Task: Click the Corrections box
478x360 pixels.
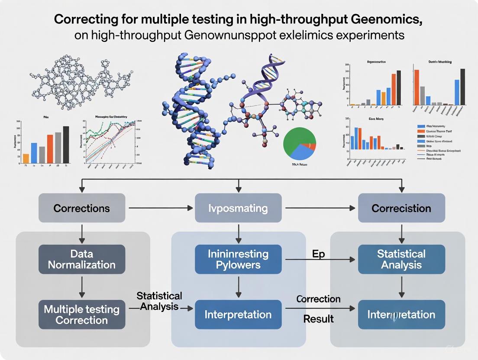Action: [x=82, y=208]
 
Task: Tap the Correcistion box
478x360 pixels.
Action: [x=401, y=208]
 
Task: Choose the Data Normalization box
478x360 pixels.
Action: [x=82, y=259]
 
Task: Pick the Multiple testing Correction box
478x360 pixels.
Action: [x=82, y=315]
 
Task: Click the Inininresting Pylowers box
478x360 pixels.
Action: [x=238, y=259]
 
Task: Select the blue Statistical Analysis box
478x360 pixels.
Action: [x=401, y=259]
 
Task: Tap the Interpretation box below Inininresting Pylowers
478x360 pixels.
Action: [x=238, y=315]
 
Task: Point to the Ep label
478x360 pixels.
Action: [x=318, y=254]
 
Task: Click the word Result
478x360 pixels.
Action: [x=318, y=319]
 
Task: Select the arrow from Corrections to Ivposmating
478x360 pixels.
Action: [x=160, y=208]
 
